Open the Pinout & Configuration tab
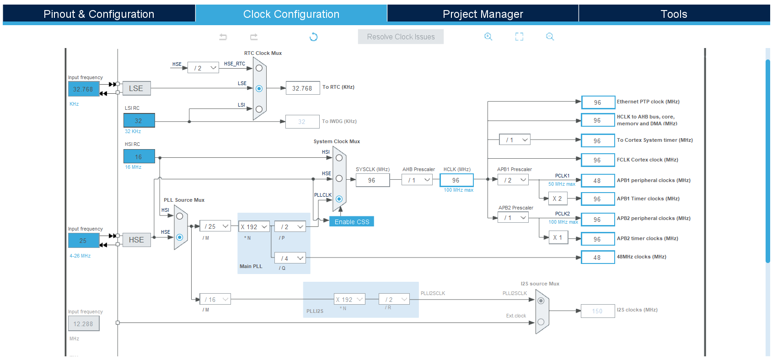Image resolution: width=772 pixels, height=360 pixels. (99, 14)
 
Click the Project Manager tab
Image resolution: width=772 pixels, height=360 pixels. (483, 14)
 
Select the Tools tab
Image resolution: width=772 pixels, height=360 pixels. (674, 14)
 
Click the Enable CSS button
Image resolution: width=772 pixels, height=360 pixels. (352, 222)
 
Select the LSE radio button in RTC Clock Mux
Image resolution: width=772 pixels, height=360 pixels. (259, 89)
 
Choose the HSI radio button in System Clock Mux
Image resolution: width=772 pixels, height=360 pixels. (339, 158)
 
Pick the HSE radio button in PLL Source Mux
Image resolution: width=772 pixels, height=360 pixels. (180, 237)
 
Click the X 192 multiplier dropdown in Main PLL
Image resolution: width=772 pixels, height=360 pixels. (254, 226)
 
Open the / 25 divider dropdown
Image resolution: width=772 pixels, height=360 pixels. (215, 226)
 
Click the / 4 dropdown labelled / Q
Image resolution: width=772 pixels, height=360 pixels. (290, 258)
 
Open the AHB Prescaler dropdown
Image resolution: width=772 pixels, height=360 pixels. (417, 180)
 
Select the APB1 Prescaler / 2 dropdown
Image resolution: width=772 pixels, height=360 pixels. (513, 180)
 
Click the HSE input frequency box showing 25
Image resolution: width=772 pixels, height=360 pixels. (84, 240)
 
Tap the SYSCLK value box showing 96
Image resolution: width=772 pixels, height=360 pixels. (373, 180)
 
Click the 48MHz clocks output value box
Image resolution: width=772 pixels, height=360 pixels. (598, 258)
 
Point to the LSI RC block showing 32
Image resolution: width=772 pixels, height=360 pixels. (139, 121)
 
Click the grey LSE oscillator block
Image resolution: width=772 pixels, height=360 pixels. (136, 88)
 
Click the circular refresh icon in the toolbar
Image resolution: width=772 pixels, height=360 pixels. (313, 37)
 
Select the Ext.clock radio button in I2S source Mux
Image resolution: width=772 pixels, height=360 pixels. (541, 322)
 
